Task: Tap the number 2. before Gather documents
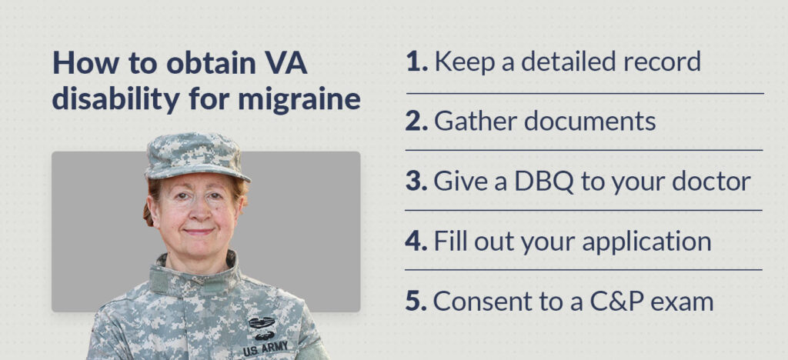pos(417,122)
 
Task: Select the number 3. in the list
pos(417,182)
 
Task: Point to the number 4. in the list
pos(417,242)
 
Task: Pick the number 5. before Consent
pos(417,302)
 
